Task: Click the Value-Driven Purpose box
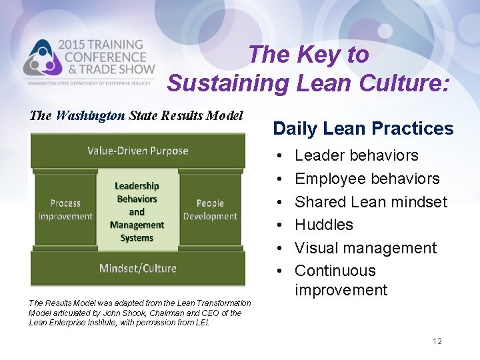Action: point(137,151)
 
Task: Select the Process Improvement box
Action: point(65,210)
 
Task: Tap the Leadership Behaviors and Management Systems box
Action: point(137,211)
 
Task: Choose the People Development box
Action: point(209,210)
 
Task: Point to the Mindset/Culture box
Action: point(137,268)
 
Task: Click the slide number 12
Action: point(437,341)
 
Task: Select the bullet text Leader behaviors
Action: point(356,155)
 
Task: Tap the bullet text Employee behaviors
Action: point(367,179)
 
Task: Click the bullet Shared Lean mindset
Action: point(371,201)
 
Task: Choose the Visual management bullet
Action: point(365,248)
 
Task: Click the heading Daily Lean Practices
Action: point(363,129)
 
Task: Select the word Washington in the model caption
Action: point(91,115)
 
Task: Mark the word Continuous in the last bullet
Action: point(335,271)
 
